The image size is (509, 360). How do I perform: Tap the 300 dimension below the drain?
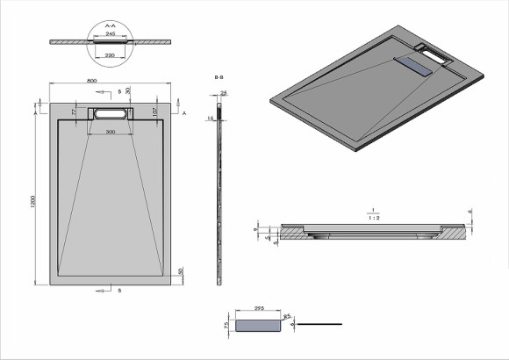110,130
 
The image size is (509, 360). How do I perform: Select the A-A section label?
111,26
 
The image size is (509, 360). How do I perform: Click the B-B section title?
219,78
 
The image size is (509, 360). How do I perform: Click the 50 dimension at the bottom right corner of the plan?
179,271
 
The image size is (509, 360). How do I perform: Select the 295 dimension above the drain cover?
260,308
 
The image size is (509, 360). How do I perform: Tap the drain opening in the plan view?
110,112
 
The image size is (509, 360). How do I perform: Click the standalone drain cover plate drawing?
259,324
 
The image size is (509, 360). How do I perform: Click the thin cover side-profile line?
320,324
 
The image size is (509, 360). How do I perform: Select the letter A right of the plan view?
184,113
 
